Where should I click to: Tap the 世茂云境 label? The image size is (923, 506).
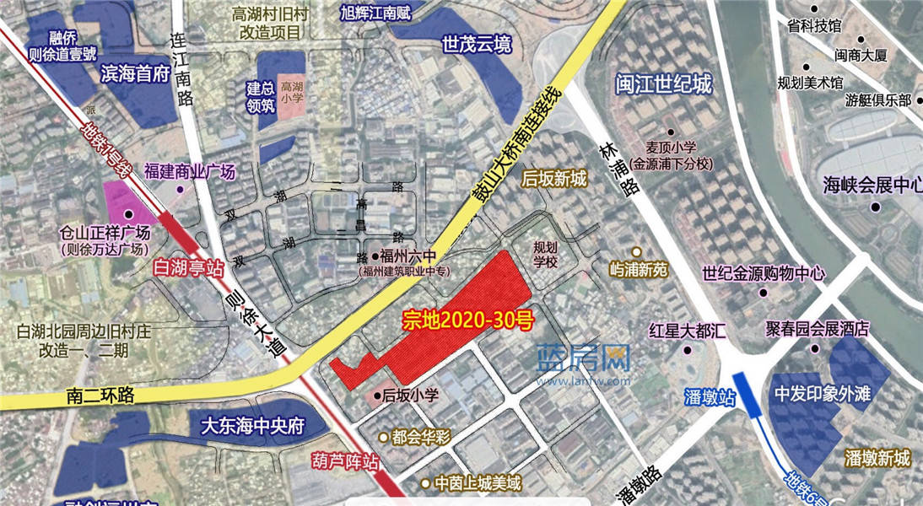pos(477,45)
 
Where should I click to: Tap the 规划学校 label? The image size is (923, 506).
pos(546,255)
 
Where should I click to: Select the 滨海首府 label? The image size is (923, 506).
pos(135,74)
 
